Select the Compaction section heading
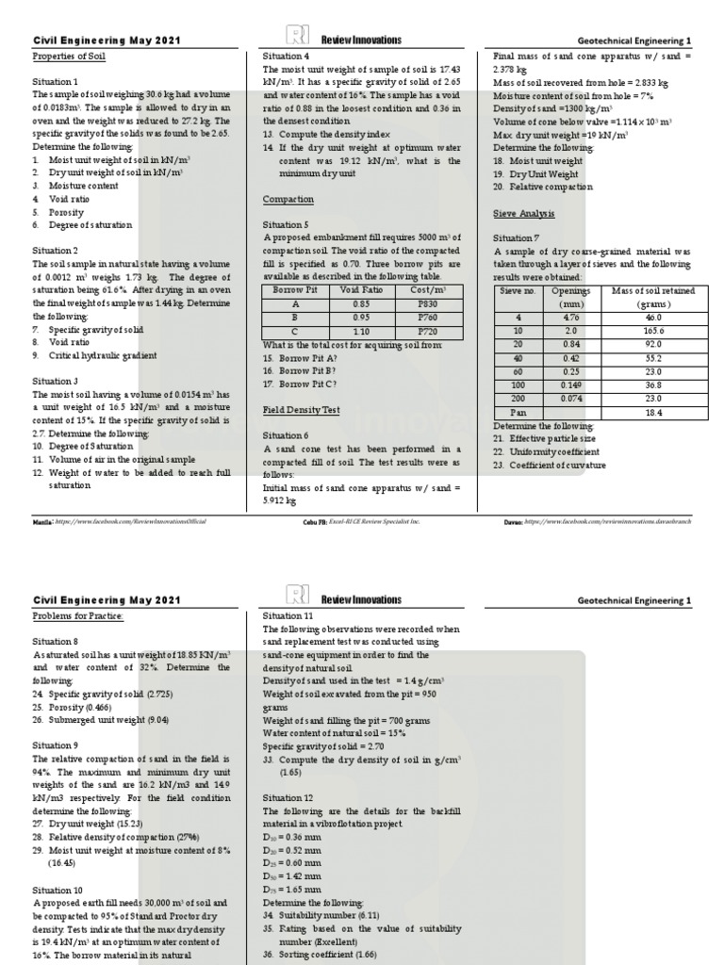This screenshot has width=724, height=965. click(288, 200)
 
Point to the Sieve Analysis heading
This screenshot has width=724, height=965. click(523, 214)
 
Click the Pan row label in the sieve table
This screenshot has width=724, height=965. click(516, 413)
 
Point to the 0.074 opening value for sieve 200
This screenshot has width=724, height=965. click(570, 400)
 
